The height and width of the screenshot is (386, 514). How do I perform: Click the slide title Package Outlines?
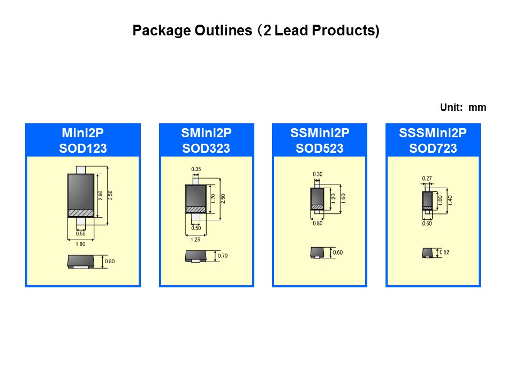point(255,31)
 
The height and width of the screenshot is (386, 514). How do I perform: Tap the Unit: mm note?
point(463,108)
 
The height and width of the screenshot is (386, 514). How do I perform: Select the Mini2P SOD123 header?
point(83,140)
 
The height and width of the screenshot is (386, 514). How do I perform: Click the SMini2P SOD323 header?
point(206,140)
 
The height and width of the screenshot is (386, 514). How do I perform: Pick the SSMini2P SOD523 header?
point(319,140)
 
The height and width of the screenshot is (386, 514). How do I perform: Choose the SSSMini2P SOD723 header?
point(433,140)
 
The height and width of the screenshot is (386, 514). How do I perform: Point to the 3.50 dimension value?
point(111,195)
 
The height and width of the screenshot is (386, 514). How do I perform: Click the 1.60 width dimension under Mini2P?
point(81,244)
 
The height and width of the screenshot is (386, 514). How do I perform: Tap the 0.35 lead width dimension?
point(196,169)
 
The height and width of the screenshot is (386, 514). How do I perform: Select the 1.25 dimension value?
point(196,240)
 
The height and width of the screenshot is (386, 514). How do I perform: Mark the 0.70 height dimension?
point(223,256)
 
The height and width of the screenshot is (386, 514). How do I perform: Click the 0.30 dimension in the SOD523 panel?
point(318,175)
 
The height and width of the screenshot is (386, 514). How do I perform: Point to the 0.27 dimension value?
point(427,179)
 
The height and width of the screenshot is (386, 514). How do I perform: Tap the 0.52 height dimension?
point(444,253)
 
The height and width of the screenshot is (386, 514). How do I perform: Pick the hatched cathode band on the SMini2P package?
point(196,209)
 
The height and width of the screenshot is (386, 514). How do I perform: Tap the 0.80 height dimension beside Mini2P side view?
point(110,262)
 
